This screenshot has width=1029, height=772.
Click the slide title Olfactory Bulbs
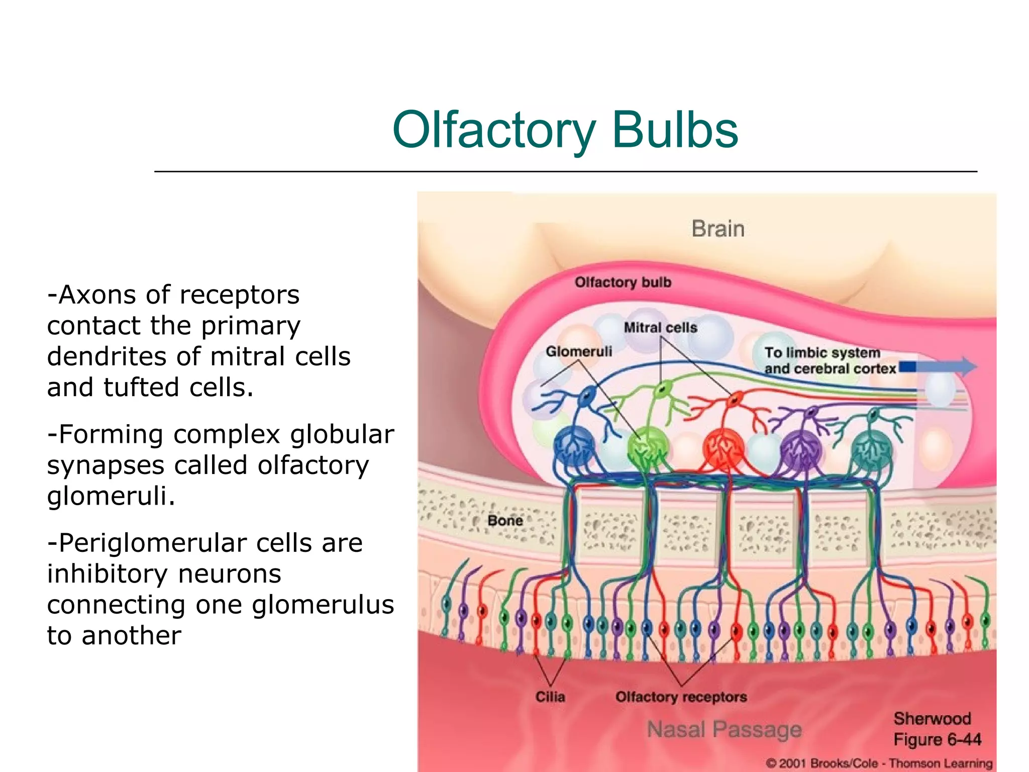[x=565, y=130]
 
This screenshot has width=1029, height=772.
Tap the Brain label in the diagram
[x=717, y=229]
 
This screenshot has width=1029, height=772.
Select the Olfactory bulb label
[x=623, y=282]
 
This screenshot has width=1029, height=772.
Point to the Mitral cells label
[x=660, y=328]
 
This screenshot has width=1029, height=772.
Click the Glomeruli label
[x=579, y=351]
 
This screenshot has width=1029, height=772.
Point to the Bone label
[x=505, y=521]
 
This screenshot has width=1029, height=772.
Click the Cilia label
[x=550, y=697]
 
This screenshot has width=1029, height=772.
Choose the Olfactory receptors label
[x=681, y=697]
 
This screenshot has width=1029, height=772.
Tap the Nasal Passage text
[x=724, y=729]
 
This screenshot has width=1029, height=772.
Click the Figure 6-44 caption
[x=937, y=740]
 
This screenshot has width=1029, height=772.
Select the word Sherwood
[x=932, y=719]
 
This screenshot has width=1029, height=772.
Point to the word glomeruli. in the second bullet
[x=111, y=497]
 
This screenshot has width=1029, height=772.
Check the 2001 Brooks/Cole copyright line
[x=879, y=763]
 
